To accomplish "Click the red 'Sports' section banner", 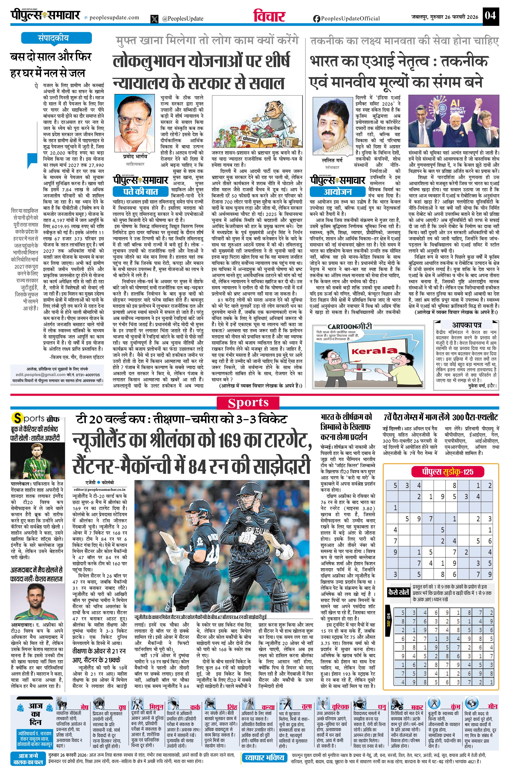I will click(x=248, y=403).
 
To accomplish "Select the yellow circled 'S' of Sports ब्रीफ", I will click(x=17, y=418).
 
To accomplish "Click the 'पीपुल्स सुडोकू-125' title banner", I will click(x=447, y=471).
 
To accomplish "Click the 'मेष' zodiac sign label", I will click(x=84, y=707).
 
